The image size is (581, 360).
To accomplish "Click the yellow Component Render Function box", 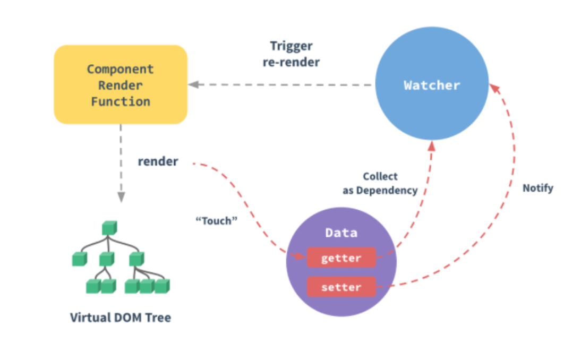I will tap(121, 84).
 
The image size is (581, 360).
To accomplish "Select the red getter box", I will tap(341, 258).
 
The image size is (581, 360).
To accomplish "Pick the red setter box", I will tap(341, 287).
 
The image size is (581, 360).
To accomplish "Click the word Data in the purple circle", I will tap(341, 233).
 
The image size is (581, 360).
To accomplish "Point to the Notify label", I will tap(537, 188).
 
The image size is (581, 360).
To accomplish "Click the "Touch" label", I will tap(214, 220).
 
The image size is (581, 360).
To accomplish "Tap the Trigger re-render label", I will tap(291, 54).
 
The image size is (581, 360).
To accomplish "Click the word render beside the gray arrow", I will tap(158, 161).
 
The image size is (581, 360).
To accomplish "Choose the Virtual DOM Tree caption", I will tap(121, 318).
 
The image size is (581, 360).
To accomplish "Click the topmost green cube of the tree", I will tap(109, 228).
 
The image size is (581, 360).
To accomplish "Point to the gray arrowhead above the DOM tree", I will tap(121, 197).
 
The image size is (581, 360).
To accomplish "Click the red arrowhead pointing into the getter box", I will tap(301, 257).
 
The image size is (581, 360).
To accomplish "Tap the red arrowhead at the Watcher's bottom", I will tap(431, 144).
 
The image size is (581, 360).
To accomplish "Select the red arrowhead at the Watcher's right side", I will tap(493, 88).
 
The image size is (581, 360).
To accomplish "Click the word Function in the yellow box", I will tap(121, 101).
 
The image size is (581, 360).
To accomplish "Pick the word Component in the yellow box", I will tap(121, 69).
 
